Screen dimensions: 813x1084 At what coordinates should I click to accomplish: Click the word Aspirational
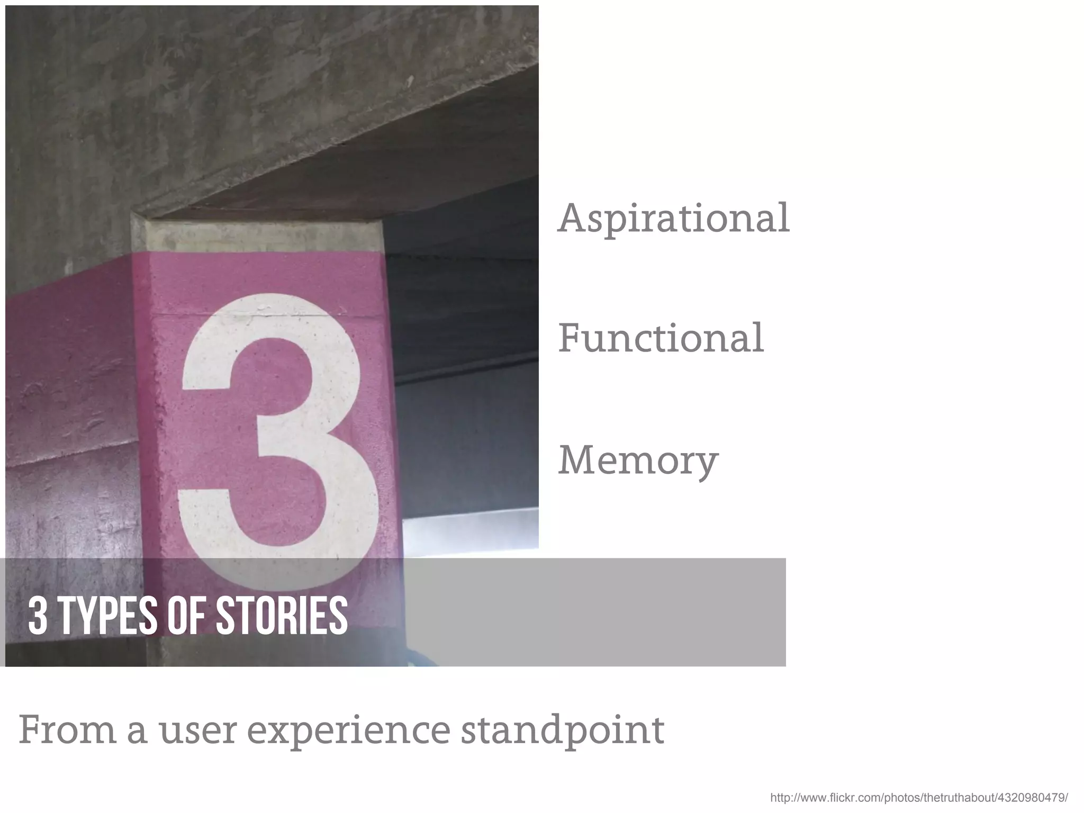[673, 218]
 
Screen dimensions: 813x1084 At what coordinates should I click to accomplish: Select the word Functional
[661, 338]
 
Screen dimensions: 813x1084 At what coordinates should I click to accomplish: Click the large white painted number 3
[275, 423]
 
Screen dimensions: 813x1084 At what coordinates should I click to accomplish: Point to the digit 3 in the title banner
[38, 615]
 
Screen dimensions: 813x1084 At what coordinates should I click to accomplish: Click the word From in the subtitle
[67, 730]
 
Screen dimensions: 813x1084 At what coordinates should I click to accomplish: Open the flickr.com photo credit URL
[919, 798]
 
